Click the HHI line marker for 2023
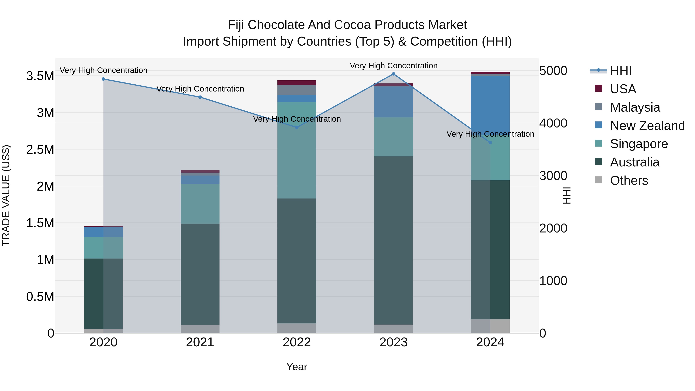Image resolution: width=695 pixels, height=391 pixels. (x=393, y=74)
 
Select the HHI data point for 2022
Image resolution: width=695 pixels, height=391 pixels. (x=297, y=127)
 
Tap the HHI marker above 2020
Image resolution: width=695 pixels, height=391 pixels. (x=103, y=79)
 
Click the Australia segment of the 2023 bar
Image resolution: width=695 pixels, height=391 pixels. (x=393, y=240)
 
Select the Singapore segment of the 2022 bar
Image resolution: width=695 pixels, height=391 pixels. (x=297, y=150)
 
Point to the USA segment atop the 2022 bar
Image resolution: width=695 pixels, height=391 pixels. (x=297, y=83)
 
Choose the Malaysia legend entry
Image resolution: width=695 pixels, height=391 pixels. (x=635, y=107)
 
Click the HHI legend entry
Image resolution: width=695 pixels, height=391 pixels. (x=620, y=71)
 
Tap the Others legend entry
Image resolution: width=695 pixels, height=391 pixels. (x=629, y=181)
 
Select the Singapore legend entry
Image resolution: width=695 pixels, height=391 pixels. (x=639, y=144)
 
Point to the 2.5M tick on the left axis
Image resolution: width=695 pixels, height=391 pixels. (x=40, y=149)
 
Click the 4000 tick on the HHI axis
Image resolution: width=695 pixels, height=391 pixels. (x=553, y=123)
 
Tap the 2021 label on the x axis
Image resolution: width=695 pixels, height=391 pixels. (x=200, y=342)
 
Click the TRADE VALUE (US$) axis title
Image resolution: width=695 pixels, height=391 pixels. (x=6, y=195)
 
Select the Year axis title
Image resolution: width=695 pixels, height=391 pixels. (x=297, y=367)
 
